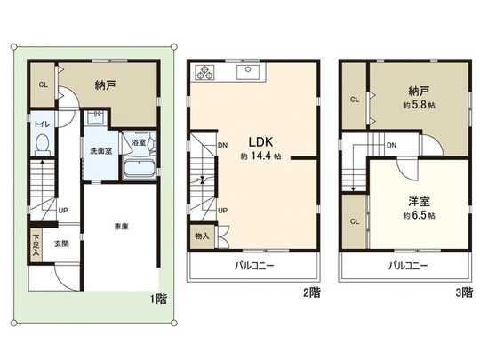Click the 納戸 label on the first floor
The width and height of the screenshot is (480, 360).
coord(108,86)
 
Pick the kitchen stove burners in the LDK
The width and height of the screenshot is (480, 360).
coord(204,72)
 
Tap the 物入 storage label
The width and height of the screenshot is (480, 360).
coord(201,236)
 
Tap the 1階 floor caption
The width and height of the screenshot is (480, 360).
coord(158,300)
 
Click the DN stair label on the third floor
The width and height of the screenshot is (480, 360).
coord(391,144)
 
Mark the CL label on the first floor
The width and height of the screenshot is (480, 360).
coord(42,85)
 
